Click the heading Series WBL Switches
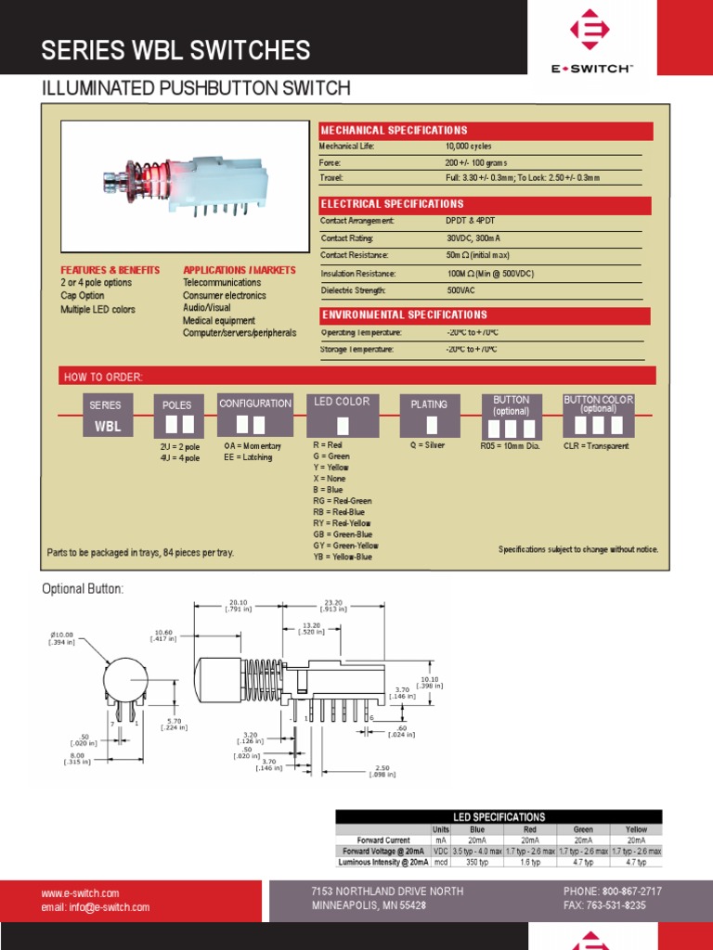pyautogui.click(x=175, y=50)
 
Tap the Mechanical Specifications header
pyautogui.click(x=394, y=131)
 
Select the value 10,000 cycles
pyautogui.click(x=469, y=147)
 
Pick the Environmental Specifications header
pyautogui.click(x=404, y=315)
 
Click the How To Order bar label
pyautogui.click(x=103, y=377)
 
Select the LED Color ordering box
pyautogui.click(x=342, y=415)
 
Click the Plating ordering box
pyautogui.click(x=430, y=415)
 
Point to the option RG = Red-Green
pyautogui.click(x=342, y=501)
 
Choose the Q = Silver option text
pyautogui.click(x=427, y=445)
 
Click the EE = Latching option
pyautogui.click(x=248, y=457)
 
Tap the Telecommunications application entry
pyautogui.click(x=222, y=283)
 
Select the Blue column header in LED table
pyautogui.click(x=477, y=829)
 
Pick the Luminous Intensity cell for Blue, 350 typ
pyautogui.click(x=477, y=862)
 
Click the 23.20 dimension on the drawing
pyautogui.click(x=334, y=604)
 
